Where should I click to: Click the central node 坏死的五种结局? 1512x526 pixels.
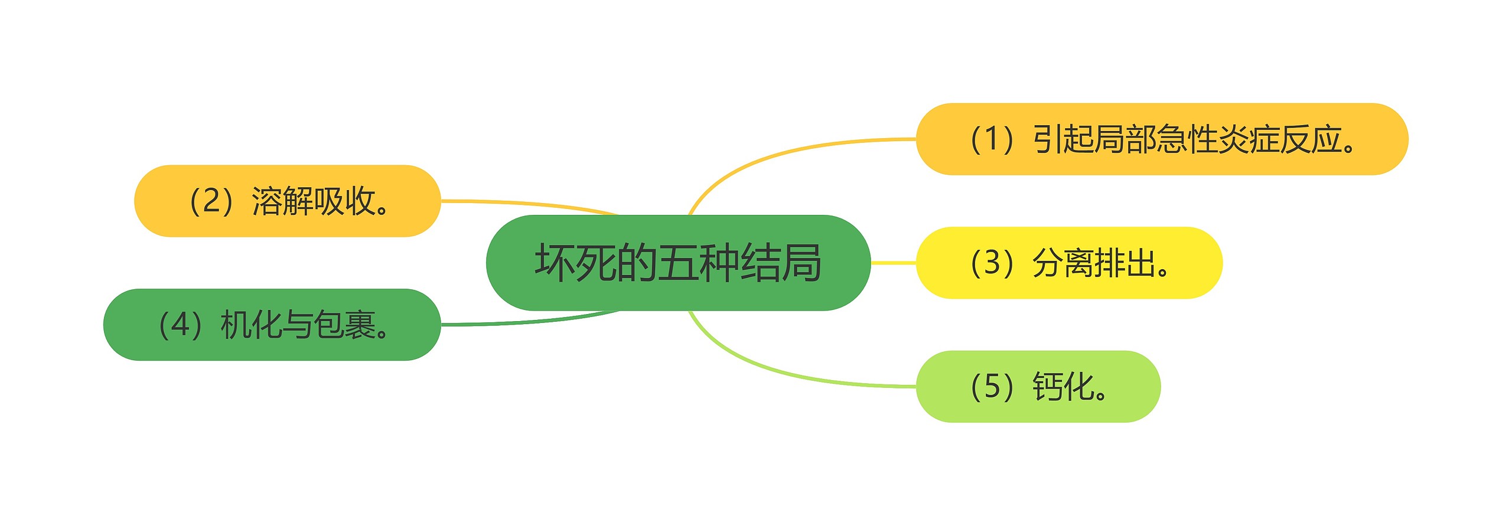[x=677, y=263]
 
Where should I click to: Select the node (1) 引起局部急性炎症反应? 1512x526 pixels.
[x=1161, y=139]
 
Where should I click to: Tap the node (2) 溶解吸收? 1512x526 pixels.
[x=287, y=201]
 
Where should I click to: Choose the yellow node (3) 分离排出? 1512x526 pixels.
[x=1068, y=263]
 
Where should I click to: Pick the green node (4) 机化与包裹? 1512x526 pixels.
[x=272, y=325]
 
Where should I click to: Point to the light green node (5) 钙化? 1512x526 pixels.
[x=1038, y=387]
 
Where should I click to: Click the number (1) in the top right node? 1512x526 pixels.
[x=992, y=140]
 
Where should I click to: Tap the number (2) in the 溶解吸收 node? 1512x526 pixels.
[x=211, y=201]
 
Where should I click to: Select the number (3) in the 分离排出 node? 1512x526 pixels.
[x=992, y=263]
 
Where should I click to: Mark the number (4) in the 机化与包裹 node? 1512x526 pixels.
[x=180, y=325]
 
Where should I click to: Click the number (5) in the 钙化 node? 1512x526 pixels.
[x=992, y=387]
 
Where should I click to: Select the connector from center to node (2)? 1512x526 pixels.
[x=532, y=203]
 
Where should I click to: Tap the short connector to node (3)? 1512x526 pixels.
[x=893, y=263]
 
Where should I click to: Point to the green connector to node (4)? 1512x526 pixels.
[x=532, y=322]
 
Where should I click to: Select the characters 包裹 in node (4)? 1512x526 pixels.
[x=345, y=325]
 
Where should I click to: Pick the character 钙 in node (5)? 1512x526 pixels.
[x=1048, y=387]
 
